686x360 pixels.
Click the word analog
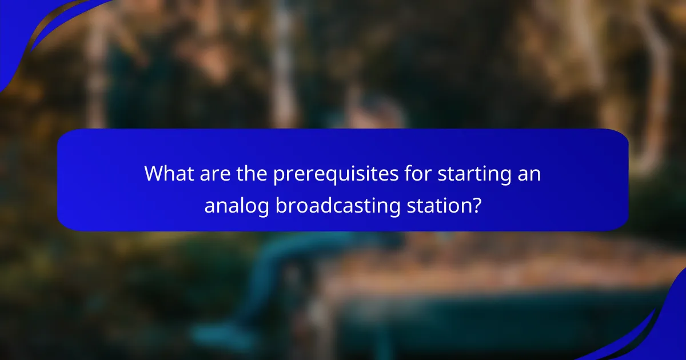pyautogui.click(x=236, y=206)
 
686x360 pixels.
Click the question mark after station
pyautogui.click(x=476, y=205)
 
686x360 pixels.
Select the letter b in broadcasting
pyautogui.click(x=281, y=205)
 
